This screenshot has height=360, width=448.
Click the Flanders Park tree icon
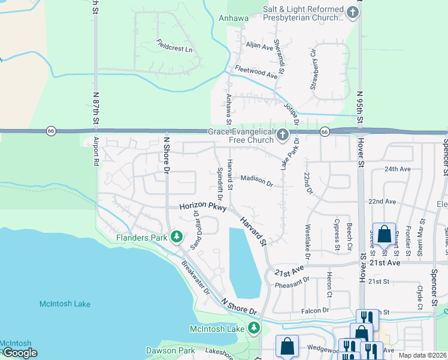[x=177, y=238]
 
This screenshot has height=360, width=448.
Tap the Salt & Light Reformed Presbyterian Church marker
[x=353, y=13]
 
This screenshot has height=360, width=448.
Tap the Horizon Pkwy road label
[x=204, y=207]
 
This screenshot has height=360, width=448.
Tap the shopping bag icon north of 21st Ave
[x=383, y=233]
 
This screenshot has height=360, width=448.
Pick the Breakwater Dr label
[x=195, y=280]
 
